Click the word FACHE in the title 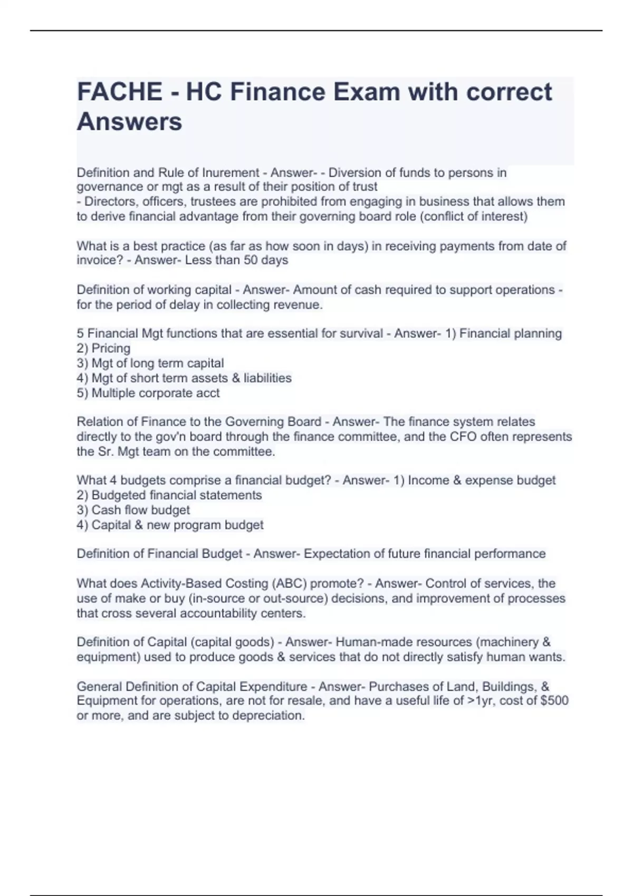pos(120,92)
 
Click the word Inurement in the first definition pos(230,173)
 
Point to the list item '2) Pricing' pos(103,348)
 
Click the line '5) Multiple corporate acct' pos(148,393)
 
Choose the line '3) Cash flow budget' pos(133,510)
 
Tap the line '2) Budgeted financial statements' pos(169,495)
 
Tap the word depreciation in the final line pos(267,716)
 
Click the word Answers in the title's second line pos(129,122)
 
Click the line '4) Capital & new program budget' pos(170,525)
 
